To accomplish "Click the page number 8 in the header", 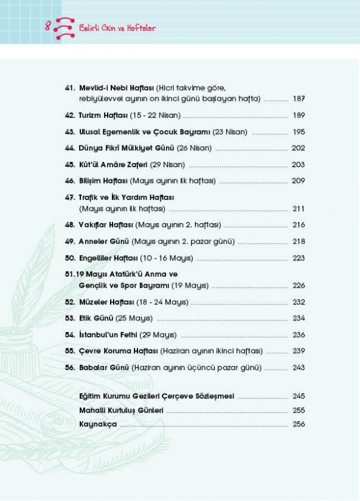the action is [x=47, y=26].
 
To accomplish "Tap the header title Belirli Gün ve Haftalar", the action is [x=117, y=28].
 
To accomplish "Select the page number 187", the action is [x=298, y=98].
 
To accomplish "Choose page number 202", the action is [x=298, y=148].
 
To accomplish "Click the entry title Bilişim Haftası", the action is [x=103, y=181].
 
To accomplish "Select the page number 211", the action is [x=298, y=209].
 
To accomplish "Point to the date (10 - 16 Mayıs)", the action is [x=167, y=258].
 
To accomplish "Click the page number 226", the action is [x=298, y=286].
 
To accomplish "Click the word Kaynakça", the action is [x=97, y=424].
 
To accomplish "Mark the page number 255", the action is [x=298, y=410].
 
